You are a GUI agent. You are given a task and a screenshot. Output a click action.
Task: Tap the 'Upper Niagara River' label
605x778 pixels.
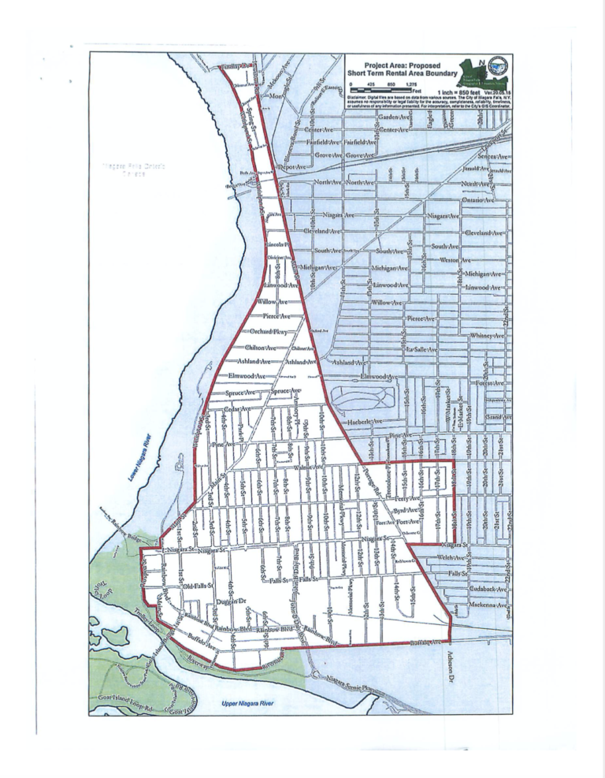coord(245,702)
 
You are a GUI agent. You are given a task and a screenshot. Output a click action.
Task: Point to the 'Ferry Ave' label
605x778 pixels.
coord(406,499)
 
